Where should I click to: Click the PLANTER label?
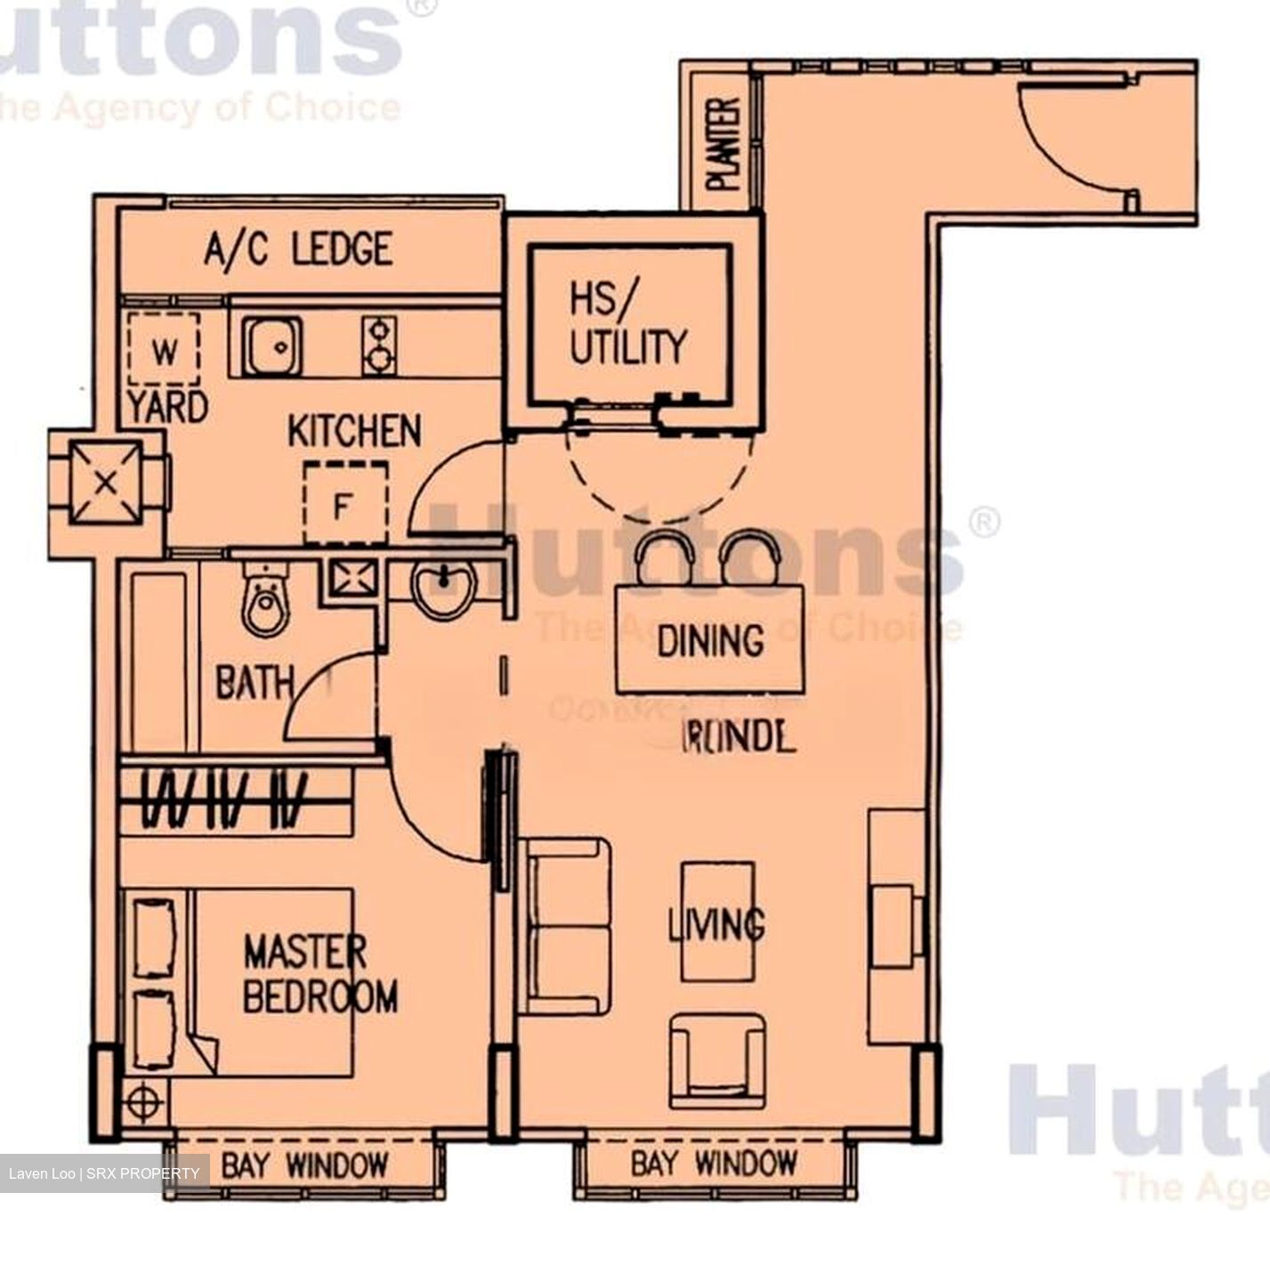pyautogui.click(x=724, y=144)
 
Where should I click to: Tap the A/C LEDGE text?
pyautogui.click(x=298, y=248)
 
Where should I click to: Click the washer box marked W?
pyautogui.click(x=165, y=352)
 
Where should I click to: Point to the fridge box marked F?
pyautogui.click(x=345, y=504)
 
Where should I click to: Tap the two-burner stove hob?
pyautogui.click(x=379, y=346)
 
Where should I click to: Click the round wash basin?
pyautogui.click(x=443, y=589)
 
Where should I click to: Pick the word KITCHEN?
pyautogui.click(x=354, y=431)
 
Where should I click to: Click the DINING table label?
pyautogui.click(x=710, y=640)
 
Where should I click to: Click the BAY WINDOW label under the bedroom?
pyautogui.click(x=304, y=1164)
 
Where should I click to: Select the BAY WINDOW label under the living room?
pyautogui.click(x=714, y=1163)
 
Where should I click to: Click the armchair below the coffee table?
pyautogui.click(x=716, y=1059)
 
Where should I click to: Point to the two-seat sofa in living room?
pyautogui.click(x=568, y=927)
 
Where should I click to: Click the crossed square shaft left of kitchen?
pyautogui.click(x=106, y=483)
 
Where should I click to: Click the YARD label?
pyautogui.click(x=167, y=408)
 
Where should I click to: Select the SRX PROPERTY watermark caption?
pyautogui.click(x=104, y=1173)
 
